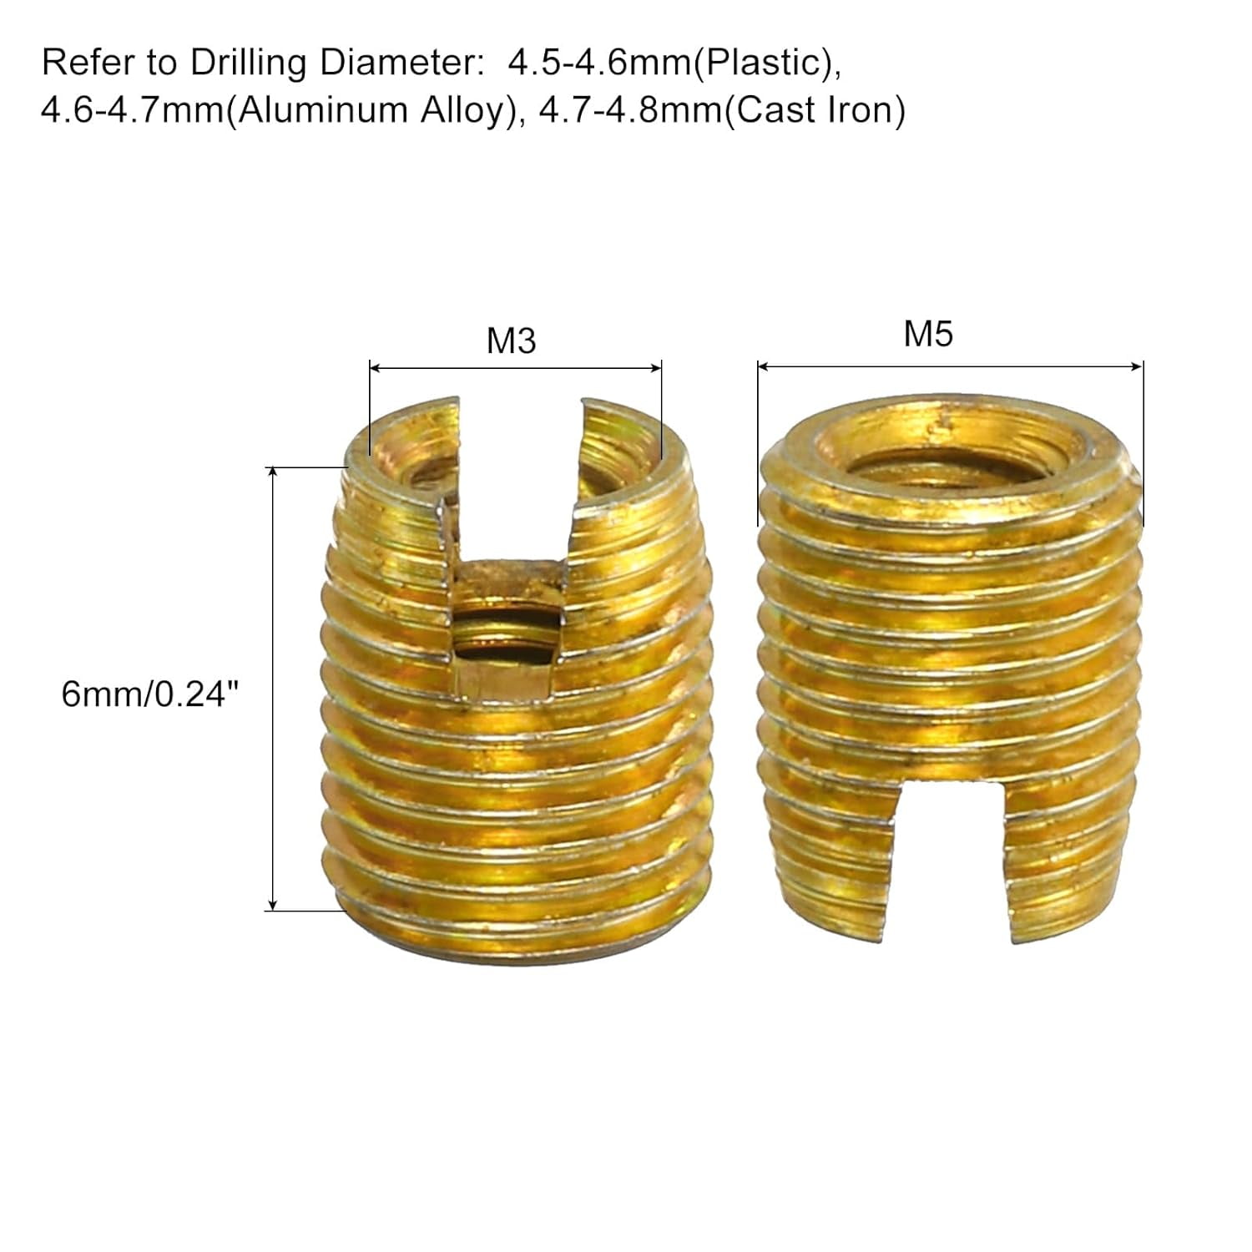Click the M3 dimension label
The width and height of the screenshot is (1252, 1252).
point(511,341)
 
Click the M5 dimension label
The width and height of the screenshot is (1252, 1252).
point(928,334)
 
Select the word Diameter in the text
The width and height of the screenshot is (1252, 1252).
point(399,63)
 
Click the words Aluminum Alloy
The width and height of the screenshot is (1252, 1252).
point(372,110)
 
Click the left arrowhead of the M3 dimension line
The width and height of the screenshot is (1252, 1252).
point(375,366)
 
